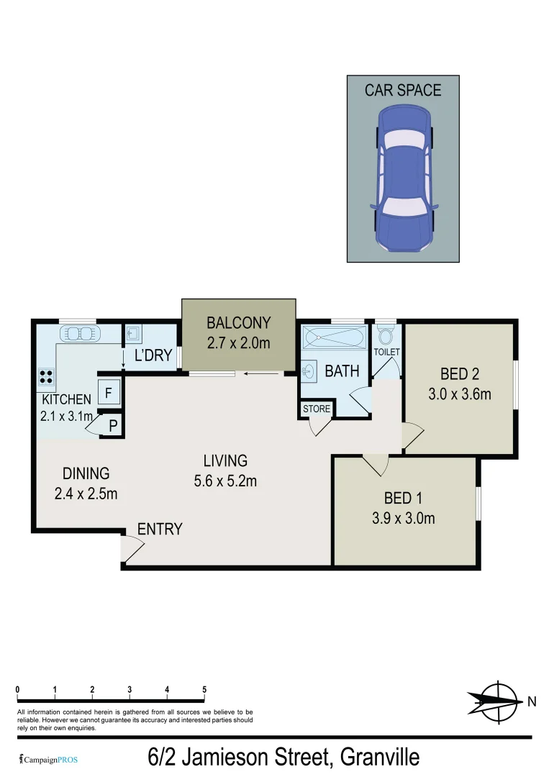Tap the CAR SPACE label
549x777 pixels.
point(403,90)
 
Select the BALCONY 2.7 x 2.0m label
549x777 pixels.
point(238,332)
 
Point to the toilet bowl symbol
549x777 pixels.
point(386,335)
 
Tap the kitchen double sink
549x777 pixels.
point(80,334)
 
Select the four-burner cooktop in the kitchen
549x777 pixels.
point(47,376)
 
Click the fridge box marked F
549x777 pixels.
point(109,393)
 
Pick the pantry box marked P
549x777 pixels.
point(112,425)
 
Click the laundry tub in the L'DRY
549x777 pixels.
point(134,334)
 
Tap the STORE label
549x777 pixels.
point(316,409)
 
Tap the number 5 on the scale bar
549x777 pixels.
point(204,689)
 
